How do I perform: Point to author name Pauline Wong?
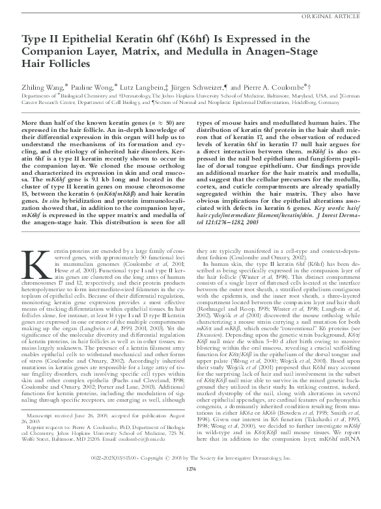click(x=96, y=86)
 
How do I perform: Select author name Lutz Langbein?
click(x=153, y=86)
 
